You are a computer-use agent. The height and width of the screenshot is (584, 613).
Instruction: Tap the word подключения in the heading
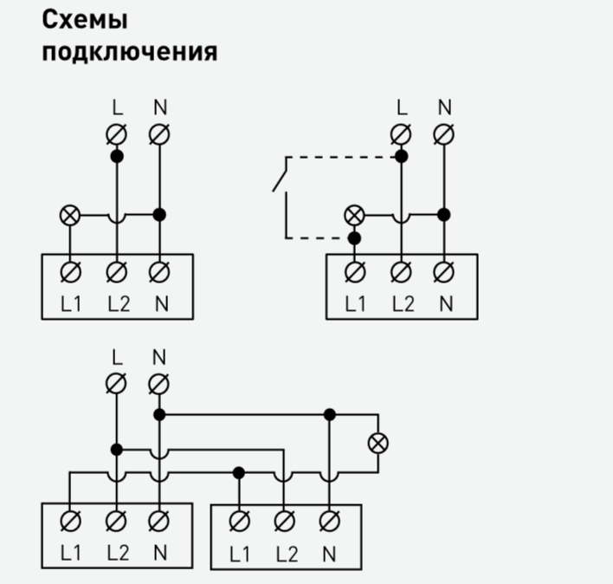click(x=130, y=51)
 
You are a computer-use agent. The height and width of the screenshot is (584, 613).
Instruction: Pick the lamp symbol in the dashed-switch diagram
click(x=353, y=214)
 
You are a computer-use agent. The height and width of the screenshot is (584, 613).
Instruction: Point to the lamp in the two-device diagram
click(x=377, y=443)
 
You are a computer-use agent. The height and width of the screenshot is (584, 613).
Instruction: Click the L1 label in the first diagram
click(x=71, y=304)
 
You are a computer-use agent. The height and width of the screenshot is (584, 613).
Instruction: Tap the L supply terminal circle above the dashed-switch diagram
click(x=400, y=134)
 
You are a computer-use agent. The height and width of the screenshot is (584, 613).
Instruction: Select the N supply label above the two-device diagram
click(x=158, y=357)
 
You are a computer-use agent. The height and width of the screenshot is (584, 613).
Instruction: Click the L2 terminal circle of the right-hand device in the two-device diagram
click(x=283, y=521)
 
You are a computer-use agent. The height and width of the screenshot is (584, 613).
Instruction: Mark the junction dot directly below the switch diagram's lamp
click(x=353, y=237)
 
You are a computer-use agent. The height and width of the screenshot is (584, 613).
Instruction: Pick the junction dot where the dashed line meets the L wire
click(x=400, y=157)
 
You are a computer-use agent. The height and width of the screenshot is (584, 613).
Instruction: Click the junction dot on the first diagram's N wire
click(x=158, y=214)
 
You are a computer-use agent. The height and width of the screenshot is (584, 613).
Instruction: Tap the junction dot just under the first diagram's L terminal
click(x=116, y=157)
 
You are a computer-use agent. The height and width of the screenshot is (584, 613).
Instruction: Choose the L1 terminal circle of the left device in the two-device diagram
click(x=71, y=521)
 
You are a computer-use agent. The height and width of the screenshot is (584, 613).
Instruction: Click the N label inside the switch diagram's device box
click(x=445, y=304)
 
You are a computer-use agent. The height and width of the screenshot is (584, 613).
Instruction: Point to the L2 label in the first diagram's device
click(x=118, y=304)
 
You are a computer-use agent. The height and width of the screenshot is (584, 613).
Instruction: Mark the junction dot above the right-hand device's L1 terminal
click(x=238, y=472)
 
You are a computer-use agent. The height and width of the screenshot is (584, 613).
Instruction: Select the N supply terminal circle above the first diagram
click(x=158, y=134)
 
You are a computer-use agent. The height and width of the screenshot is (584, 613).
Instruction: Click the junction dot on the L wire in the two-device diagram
click(x=116, y=450)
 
